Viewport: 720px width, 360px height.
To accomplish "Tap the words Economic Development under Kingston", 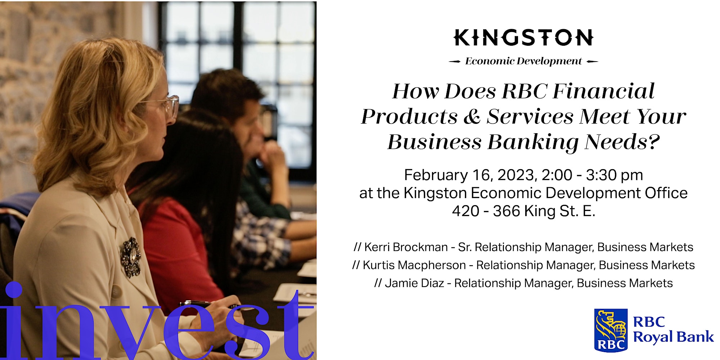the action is tap(523, 61).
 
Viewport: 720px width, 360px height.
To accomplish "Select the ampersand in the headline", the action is tap(472, 117).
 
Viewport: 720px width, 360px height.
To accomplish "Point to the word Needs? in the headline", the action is tap(622, 142).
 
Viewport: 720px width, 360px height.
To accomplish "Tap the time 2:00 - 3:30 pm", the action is tap(592, 175).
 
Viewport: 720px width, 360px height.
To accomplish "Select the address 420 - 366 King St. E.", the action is tap(524, 211).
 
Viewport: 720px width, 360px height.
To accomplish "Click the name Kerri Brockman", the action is tap(406, 247).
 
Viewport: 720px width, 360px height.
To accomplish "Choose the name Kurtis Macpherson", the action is tap(414, 265).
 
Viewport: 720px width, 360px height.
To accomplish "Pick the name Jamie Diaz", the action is tap(414, 283).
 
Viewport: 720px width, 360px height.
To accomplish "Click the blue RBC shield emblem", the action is tap(611, 330).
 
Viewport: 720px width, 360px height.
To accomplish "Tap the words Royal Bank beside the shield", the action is tap(673, 337).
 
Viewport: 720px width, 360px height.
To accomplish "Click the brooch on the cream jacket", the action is tap(130, 257).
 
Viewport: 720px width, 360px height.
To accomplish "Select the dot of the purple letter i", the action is tap(13, 290).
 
